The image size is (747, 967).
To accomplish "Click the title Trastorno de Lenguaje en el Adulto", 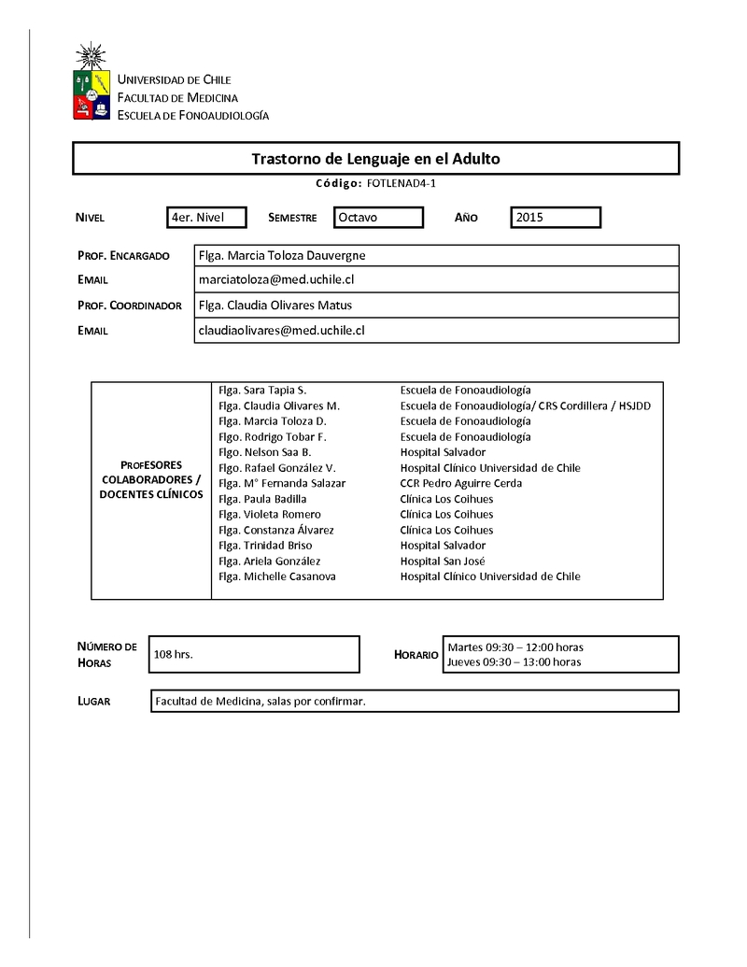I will pyautogui.click(x=375, y=159).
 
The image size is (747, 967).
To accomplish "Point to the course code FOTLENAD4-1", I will pyautogui.click(x=396, y=184).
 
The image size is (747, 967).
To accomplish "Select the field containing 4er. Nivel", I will pyautogui.click(x=206, y=218).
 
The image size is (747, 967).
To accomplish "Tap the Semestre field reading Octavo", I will pyautogui.click(x=378, y=218).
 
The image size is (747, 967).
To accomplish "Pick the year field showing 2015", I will pyautogui.click(x=556, y=218).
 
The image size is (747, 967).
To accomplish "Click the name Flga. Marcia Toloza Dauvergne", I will pyautogui.click(x=282, y=255).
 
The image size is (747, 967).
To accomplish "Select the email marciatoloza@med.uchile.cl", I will pyautogui.click(x=276, y=279).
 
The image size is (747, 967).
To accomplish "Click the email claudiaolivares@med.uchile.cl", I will pyautogui.click(x=281, y=330).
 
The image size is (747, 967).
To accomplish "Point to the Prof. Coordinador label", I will pyautogui.click(x=129, y=306).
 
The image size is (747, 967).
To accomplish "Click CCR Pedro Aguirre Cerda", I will pyautogui.click(x=461, y=483).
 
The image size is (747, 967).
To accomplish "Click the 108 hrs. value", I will pyautogui.click(x=173, y=655).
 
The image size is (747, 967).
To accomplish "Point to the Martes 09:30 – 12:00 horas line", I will pyautogui.click(x=515, y=647).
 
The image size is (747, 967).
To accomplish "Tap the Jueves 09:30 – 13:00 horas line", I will pyautogui.click(x=514, y=661).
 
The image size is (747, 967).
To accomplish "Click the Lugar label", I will pyautogui.click(x=93, y=701).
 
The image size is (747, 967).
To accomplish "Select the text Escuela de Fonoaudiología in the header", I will pyautogui.click(x=192, y=115).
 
